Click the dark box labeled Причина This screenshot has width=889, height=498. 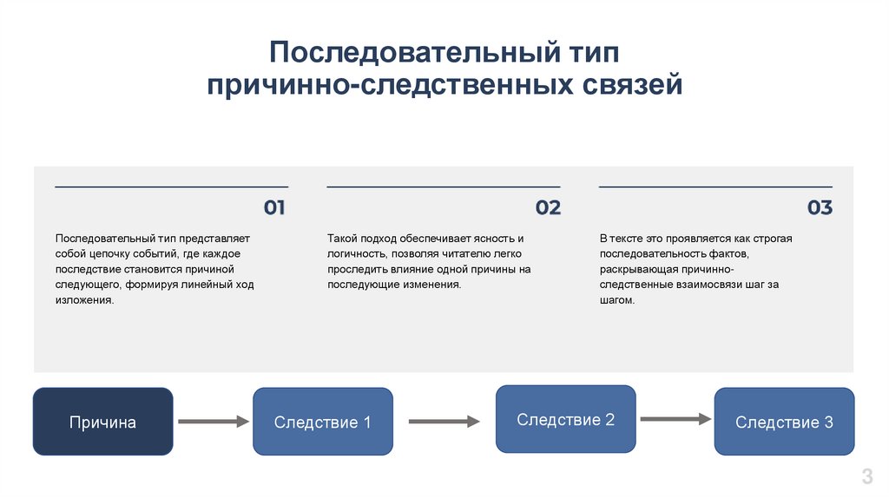(x=102, y=423)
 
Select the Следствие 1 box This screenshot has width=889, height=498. (x=322, y=423)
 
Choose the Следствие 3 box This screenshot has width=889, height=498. (x=784, y=423)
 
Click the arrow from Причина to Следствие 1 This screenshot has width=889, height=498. (x=213, y=422)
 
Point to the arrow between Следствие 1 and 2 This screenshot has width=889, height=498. (x=444, y=422)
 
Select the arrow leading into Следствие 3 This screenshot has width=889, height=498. (x=675, y=419)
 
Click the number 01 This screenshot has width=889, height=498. (x=274, y=208)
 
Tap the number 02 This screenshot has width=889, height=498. (x=548, y=208)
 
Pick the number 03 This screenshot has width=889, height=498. (x=820, y=208)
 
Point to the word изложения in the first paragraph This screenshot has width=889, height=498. (x=83, y=300)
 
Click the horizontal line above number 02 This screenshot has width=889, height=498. (x=444, y=187)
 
